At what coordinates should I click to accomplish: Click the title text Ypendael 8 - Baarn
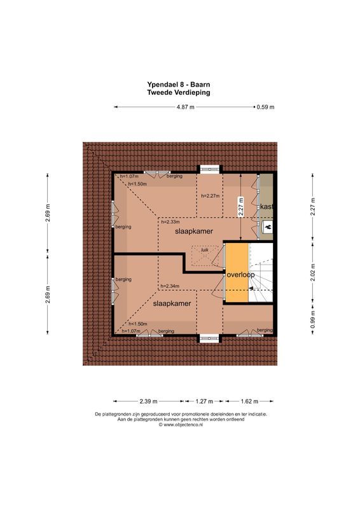178,83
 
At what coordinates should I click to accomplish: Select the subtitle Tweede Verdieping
178,92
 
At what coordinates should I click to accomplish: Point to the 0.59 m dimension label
265,107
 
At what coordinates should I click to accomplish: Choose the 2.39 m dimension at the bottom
148,401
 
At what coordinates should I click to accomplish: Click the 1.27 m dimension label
204,401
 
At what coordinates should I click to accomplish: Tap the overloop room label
240,275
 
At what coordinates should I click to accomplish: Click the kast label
267,207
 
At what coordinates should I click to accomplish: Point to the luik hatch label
205,250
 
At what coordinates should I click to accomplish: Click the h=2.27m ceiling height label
210,196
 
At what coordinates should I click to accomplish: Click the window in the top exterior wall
208,169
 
